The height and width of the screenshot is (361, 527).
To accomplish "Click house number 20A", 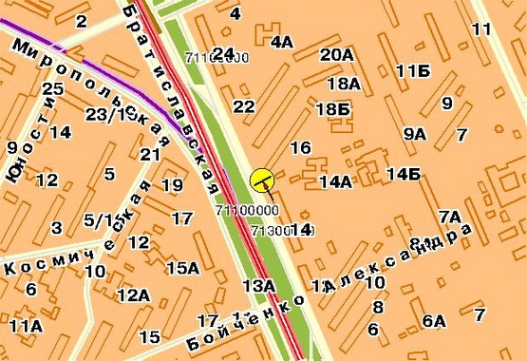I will [x=336, y=55].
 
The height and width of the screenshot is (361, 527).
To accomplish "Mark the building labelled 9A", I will [x=414, y=134].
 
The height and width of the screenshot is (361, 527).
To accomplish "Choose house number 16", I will [x=300, y=147].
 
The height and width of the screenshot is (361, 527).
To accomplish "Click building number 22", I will [x=244, y=106].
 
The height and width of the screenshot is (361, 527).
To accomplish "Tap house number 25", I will [x=52, y=88].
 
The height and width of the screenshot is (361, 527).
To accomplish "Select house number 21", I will [x=149, y=154].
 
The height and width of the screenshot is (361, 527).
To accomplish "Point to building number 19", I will [x=172, y=184].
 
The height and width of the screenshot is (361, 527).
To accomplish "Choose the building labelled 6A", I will [x=434, y=321].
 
